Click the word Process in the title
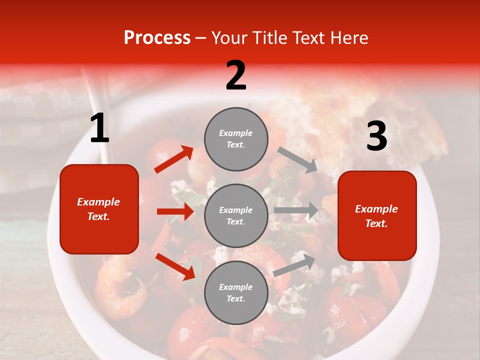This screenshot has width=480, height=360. [157, 38]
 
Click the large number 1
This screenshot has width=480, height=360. [99, 128]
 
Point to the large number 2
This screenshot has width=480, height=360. [236, 75]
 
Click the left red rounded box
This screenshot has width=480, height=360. [99, 209]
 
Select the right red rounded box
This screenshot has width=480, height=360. [377, 216]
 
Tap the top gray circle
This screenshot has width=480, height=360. [236, 139]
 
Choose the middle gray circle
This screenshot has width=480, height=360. [236, 216]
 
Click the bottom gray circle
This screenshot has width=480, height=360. [236, 293]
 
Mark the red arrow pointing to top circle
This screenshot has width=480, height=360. [173, 159]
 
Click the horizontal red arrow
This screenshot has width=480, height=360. [175, 211]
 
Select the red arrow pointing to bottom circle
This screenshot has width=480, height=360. [175, 266]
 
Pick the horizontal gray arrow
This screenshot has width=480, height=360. [296, 210]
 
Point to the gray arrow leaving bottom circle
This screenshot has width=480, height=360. [294, 264]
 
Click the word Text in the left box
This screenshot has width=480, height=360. [98, 216]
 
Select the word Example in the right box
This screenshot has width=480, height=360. [376, 209]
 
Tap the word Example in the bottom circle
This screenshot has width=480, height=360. [236, 287]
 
